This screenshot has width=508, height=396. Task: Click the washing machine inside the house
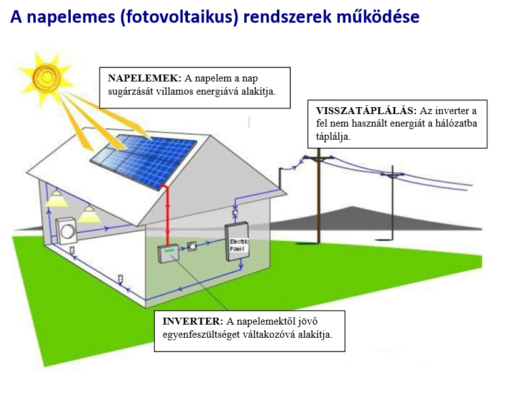(66, 231)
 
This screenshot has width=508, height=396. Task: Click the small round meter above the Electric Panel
(236, 214)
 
